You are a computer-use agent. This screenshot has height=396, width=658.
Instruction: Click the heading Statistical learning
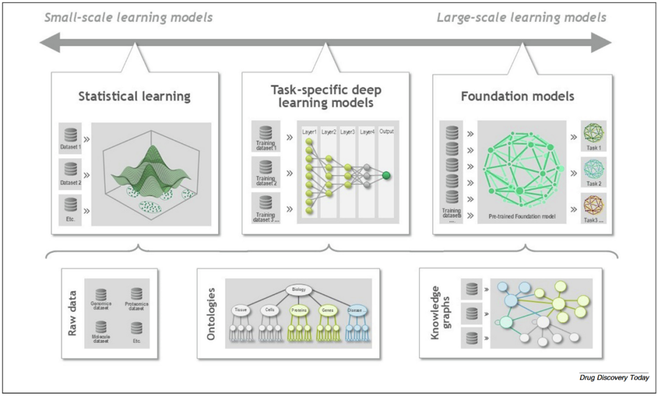[x=134, y=96]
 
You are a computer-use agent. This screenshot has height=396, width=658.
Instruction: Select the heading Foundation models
[x=517, y=96]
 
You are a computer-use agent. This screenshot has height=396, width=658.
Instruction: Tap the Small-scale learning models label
[x=129, y=17]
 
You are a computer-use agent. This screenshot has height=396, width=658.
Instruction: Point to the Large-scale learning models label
[x=521, y=17]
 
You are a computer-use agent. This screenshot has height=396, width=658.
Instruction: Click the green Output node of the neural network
[x=386, y=176]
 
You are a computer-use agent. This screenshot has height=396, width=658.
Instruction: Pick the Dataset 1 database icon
[x=71, y=134]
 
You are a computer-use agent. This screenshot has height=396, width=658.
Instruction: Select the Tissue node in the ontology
[x=241, y=309]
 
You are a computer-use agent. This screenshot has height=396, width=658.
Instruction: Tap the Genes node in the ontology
[x=327, y=309]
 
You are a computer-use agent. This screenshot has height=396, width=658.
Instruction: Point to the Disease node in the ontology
[x=357, y=309]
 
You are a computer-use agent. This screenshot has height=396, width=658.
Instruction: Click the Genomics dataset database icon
[x=101, y=293]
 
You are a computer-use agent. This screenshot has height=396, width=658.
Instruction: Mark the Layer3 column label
[x=347, y=132]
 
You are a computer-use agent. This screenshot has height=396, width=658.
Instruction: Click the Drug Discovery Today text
[x=614, y=378]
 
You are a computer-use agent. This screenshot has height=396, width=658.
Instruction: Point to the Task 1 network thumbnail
[x=592, y=133]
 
